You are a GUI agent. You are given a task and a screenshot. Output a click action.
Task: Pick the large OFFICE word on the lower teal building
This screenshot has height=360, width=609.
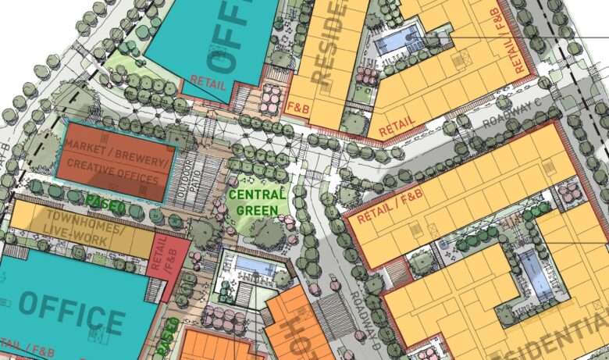72,312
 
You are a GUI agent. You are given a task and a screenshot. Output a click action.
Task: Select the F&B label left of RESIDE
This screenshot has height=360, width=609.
298,105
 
